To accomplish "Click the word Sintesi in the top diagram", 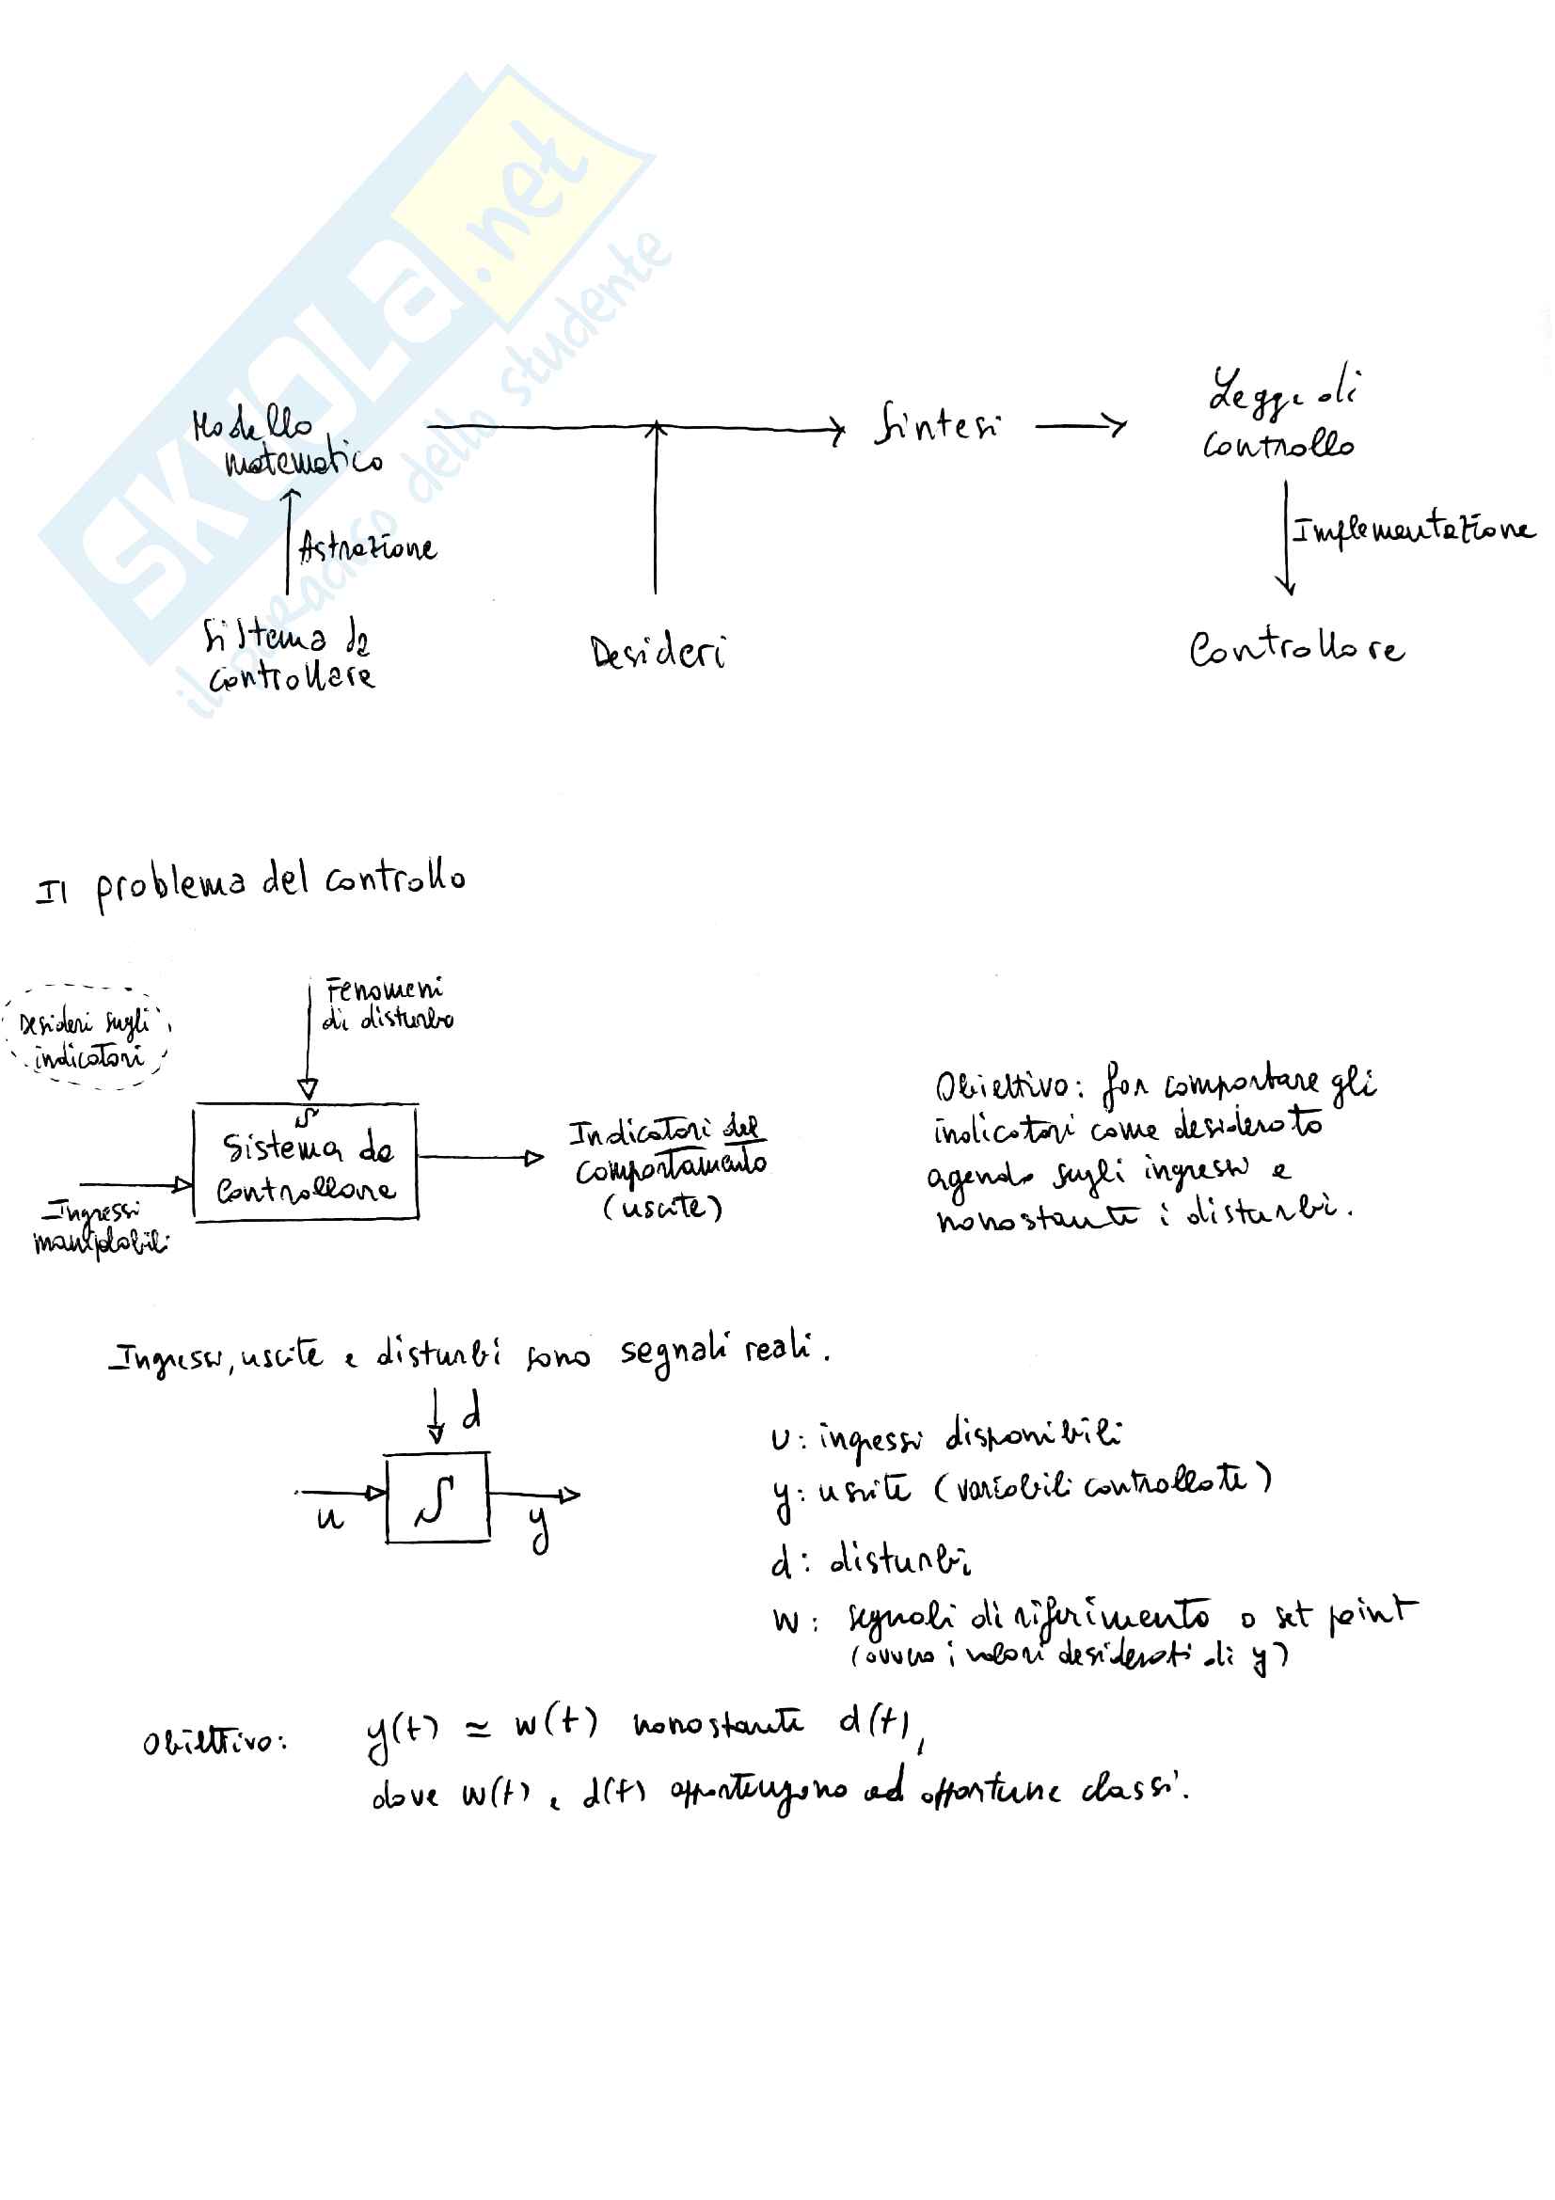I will (x=937, y=424).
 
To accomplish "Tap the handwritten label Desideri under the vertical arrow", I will (x=658, y=653).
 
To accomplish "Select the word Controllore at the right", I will (x=1295, y=649).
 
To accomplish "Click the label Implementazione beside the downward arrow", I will (x=1412, y=530).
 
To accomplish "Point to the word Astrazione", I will (x=367, y=548).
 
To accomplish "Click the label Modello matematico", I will (x=288, y=444).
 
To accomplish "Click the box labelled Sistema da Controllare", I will (x=306, y=1163).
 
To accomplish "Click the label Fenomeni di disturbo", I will (x=387, y=1004).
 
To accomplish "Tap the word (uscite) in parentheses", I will (x=662, y=1207).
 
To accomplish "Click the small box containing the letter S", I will (x=436, y=1497).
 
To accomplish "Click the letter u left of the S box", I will (x=329, y=1518).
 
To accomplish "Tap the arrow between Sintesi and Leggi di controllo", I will (x=1081, y=424).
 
